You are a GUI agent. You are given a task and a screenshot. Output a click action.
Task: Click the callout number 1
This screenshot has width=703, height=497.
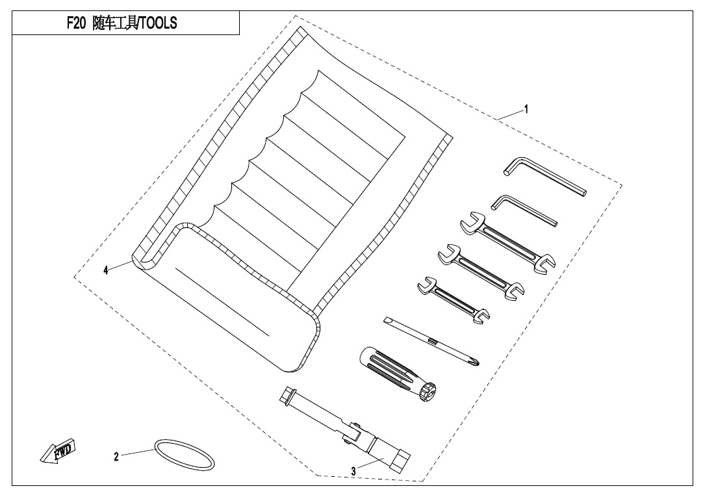click(x=526, y=109)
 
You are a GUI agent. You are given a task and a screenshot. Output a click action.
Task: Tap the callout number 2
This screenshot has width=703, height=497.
click(x=116, y=457)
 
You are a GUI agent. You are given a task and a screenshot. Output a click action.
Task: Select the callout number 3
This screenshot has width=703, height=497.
click(x=353, y=471)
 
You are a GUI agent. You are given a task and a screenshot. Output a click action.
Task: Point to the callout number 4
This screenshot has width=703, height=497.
click(x=106, y=270)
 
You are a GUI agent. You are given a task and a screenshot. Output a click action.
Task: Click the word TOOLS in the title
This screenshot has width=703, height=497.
click(x=159, y=23)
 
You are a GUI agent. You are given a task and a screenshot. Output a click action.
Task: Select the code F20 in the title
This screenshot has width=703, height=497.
click(x=76, y=23)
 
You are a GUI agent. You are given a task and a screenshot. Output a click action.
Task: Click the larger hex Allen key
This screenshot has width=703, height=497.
click(x=544, y=176)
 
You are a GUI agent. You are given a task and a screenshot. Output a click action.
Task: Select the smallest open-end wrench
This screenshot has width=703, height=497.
click(x=454, y=299)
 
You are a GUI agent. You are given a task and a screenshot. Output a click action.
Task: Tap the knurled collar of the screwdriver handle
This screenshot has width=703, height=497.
click(x=428, y=391)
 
